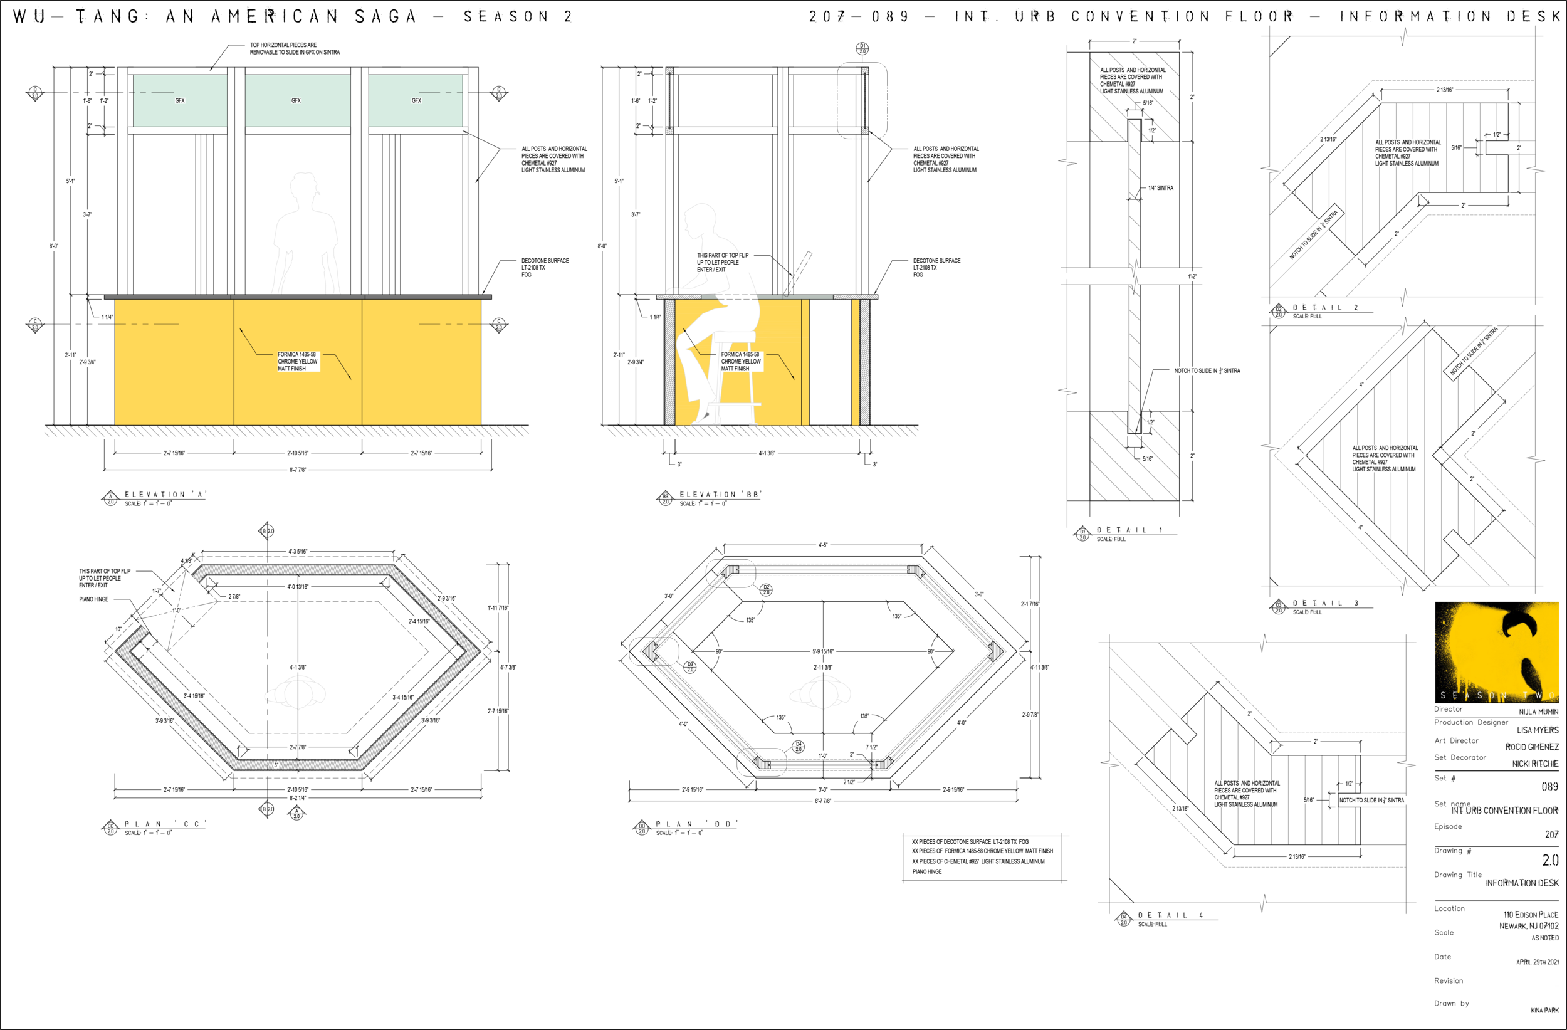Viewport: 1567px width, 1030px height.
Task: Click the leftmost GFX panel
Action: coord(180,100)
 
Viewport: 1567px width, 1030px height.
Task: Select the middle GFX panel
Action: coord(297,100)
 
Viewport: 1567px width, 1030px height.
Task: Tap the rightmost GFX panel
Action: coord(416,100)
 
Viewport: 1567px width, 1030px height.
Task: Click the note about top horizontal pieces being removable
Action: coord(295,49)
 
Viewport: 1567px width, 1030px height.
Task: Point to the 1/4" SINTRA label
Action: coord(1160,188)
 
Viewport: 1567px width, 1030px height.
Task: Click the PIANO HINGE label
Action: coord(93,599)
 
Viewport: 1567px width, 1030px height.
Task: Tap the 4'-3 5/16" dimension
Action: coord(298,552)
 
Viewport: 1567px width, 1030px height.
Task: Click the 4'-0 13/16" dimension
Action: coord(298,587)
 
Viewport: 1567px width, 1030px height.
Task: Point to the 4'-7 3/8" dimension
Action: coord(508,667)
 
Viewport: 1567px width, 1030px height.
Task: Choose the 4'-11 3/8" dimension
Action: coord(1040,667)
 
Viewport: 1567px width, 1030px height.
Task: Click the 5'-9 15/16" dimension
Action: coord(823,652)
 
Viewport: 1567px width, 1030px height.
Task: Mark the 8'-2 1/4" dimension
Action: coord(298,797)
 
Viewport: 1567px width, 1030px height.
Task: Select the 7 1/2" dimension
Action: coord(871,747)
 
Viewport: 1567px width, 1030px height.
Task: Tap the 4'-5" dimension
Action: coord(822,546)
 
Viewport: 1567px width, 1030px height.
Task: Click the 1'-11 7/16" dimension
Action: coord(498,608)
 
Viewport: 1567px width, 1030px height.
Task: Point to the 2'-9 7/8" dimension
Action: coord(1030,715)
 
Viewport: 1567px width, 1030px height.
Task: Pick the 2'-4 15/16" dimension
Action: coord(419,622)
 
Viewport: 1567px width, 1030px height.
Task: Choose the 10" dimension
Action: coord(118,629)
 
